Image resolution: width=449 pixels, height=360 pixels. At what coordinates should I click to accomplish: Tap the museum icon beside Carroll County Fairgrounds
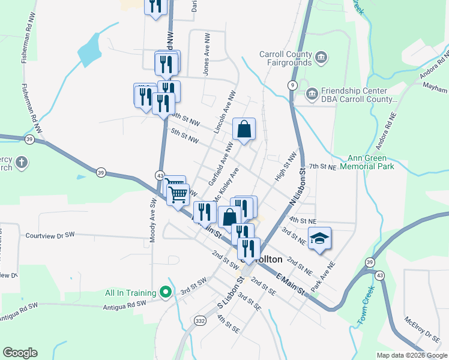[x=322, y=58]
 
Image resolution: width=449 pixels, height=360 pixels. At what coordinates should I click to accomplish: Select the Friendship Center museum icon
[x=312, y=94]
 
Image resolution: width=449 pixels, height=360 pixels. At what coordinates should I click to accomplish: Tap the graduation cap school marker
[x=319, y=238]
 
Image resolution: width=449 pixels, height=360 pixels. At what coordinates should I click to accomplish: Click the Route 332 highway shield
[x=199, y=322]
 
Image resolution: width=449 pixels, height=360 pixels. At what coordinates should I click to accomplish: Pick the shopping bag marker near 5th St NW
[x=244, y=130]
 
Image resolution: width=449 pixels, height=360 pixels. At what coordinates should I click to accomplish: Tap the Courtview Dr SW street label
[x=50, y=236]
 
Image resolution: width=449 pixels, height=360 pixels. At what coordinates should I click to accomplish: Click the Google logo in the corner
[x=20, y=353]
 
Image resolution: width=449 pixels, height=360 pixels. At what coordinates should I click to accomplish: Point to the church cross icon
[x=21, y=163]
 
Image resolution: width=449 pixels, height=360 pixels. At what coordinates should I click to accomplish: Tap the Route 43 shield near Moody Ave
[x=160, y=175]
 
